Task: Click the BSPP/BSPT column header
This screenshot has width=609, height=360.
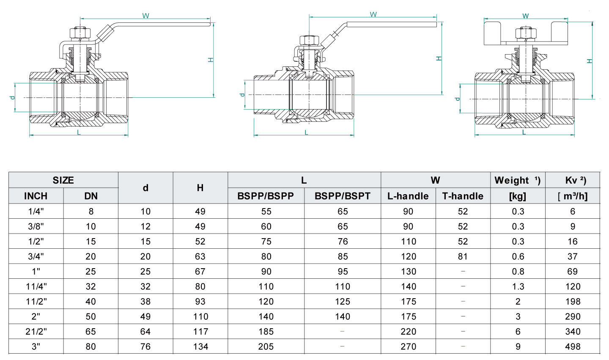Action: coord(342,196)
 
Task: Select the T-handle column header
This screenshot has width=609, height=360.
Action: coord(463,196)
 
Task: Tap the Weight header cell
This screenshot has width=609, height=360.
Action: coord(518,180)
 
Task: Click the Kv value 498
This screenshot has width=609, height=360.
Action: coord(573,346)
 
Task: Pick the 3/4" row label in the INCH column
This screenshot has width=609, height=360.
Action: coord(36,256)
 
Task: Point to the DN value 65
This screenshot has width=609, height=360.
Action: coord(91,331)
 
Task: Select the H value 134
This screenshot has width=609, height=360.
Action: coord(200,346)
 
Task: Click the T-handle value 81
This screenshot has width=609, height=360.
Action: coord(463,256)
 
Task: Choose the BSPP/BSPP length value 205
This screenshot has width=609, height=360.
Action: coord(266,346)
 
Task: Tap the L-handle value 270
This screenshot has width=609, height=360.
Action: coord(408,346)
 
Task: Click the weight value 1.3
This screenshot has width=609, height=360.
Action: coord(518,286)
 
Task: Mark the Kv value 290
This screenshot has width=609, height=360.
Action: coord(573,316)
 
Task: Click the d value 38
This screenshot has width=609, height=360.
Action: coord(145,301)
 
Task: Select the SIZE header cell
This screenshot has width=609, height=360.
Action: coord(63,180)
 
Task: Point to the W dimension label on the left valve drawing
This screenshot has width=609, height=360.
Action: coord(145,16)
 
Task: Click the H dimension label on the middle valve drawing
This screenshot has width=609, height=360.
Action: coord(439,58)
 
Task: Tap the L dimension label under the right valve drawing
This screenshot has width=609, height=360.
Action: coord(524,132)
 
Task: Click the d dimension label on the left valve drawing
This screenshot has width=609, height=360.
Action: coord(13,97)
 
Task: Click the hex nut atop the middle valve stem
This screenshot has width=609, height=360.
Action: coord(309,40)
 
